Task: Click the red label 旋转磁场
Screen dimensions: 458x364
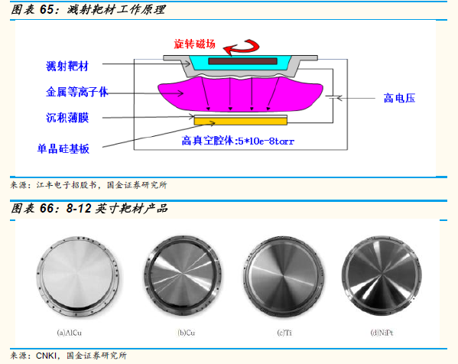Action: tap(194, 44)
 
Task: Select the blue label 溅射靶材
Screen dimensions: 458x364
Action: tap(67, 66)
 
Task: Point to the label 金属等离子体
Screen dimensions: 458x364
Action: tap(77, 92)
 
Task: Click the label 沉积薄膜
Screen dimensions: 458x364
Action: tap(67, 118)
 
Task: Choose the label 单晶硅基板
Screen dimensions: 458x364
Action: tap(63, 148)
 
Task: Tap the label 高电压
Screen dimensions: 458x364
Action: tap(399, 98)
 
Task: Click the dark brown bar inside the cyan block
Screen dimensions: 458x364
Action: tap(242, 61)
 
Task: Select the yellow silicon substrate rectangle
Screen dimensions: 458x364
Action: tap(241, 122)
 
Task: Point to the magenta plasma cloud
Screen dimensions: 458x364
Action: tap(240, 94)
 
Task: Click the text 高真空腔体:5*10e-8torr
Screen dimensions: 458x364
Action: tap(238, 141)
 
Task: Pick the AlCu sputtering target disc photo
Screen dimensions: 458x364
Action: tap(78, 276)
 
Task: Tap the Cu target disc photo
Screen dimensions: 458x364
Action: tap(183, 276)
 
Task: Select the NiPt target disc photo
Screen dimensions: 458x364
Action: tap(382, 276)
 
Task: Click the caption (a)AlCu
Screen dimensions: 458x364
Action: tap(70, 333)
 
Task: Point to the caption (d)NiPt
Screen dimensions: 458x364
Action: tap(382, 333)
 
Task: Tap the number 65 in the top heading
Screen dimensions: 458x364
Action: tap(47, 10)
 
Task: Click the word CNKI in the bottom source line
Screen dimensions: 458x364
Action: tap(47, 356)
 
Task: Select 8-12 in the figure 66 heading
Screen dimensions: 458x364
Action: tap(79, 208)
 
